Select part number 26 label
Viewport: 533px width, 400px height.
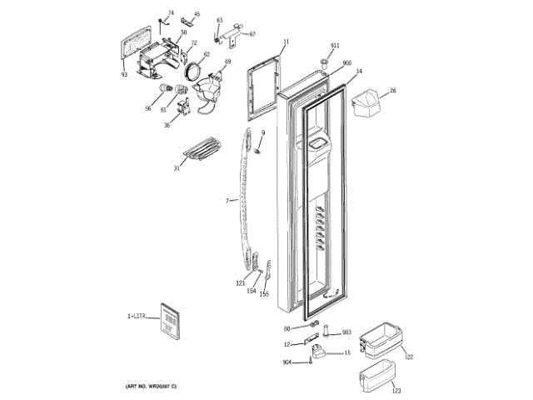coord(393,90)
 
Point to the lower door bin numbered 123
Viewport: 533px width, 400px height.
coord(377,375)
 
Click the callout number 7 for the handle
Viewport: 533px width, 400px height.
coord(227,200)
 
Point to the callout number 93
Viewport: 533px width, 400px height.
coord(124,74)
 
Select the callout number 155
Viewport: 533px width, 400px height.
coord(264,294)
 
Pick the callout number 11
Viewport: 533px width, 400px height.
coord(286,41)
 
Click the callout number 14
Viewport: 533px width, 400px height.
coord(359,72)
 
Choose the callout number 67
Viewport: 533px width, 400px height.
coord(252,34)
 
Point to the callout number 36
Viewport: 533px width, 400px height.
coord(167,126)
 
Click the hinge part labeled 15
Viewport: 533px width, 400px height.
coord(319,354)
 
